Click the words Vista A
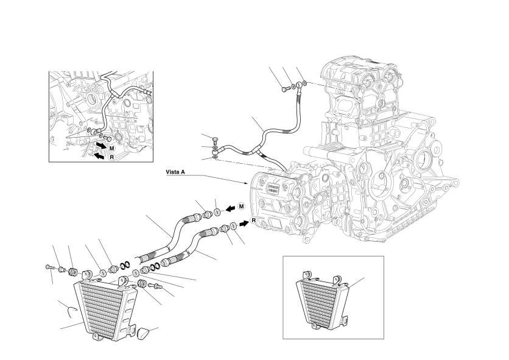175,172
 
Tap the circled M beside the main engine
241,206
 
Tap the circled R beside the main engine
254,221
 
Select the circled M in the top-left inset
111,148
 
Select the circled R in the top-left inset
111,157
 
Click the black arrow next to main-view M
231,208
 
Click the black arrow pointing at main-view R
244,223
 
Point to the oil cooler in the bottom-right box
322,300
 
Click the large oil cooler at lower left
105,309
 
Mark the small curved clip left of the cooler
71,310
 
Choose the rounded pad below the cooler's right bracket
143,333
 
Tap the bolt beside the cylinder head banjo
285,88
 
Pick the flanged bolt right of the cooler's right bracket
154,286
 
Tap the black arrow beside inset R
99,156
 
